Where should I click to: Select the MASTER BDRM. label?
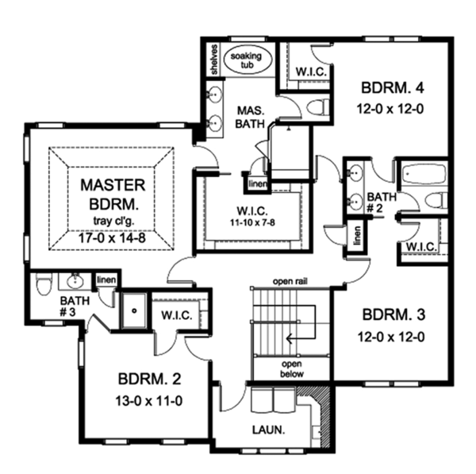coord(113,194)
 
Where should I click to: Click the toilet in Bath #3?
coord(44,283)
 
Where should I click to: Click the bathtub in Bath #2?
coord(423,173)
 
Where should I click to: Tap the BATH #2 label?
coord(380,202)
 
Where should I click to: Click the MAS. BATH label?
coord(249,117)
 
